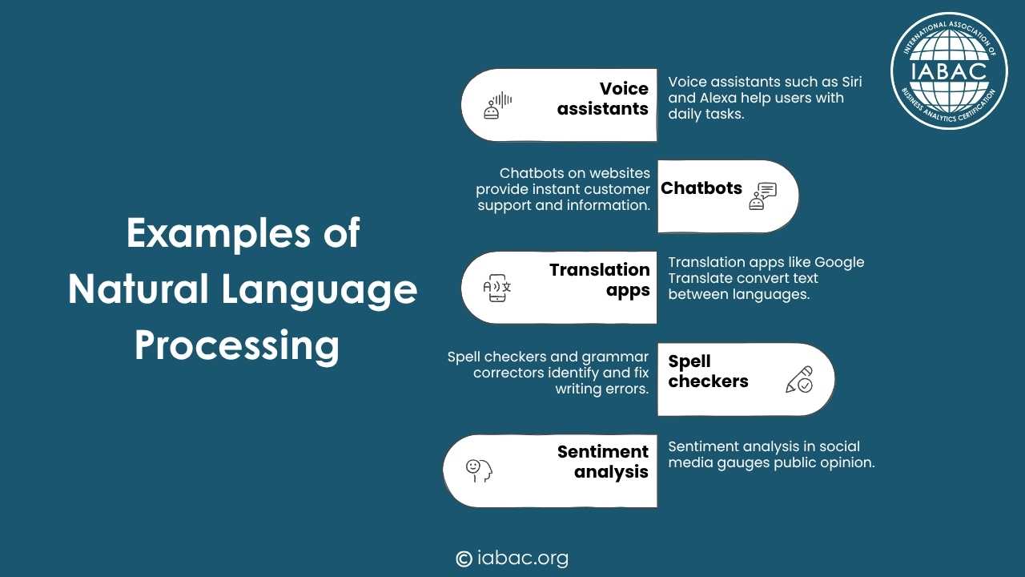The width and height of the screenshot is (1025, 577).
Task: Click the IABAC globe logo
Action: click(950, 71)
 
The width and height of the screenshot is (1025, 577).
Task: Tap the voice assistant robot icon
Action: click(498, 105)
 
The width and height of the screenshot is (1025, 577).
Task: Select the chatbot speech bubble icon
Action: click(763, 196)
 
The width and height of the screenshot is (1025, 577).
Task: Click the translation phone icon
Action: click(497, 288)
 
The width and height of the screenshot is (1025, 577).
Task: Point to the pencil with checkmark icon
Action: click(799, 379)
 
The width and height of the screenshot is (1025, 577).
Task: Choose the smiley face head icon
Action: click(479, 470)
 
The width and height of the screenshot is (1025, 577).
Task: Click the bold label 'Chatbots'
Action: click(701, 188)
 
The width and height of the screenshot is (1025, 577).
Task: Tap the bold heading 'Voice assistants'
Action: click(603, 99)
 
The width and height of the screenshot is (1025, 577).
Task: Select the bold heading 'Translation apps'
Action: click(600, 280)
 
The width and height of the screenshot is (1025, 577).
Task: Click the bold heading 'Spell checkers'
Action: click(708, 371)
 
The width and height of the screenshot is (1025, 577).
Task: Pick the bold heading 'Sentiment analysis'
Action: click(603, 462)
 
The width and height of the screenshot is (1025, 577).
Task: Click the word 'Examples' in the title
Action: click(219, 233)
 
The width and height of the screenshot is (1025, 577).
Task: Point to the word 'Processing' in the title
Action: click(237, 346)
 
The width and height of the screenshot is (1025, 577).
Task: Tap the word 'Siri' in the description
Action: click(851, 82)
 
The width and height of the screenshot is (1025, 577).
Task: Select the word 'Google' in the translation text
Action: click(839, 263)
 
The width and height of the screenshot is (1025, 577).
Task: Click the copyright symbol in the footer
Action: click(464, 559)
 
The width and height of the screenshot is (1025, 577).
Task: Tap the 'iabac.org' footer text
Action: click(523, 559)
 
